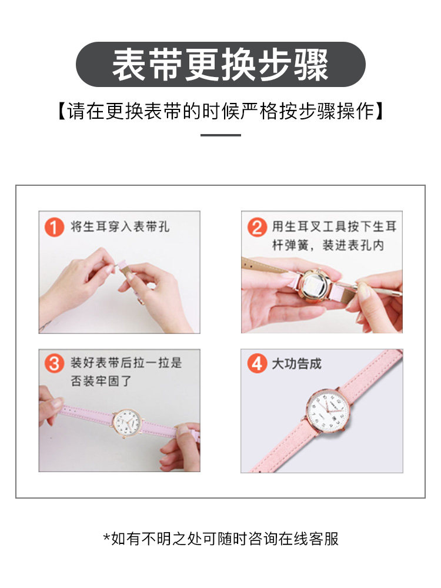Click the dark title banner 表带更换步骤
tap(220, 64)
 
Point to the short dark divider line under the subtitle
tap(220, 135)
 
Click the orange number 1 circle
tap(54, 226)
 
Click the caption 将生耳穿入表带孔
tap(120, 226)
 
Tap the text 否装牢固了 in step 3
tap(101, 381)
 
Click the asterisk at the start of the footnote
tap(106, 537)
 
